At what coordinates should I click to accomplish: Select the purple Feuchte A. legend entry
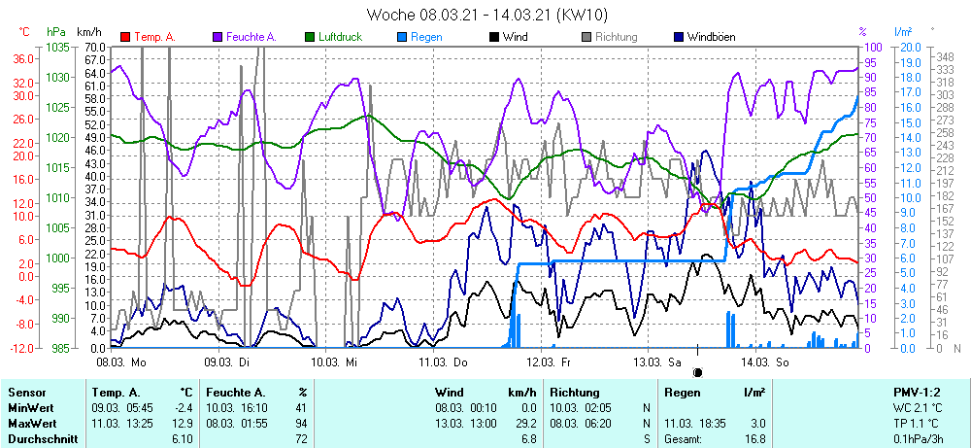(x=251, y=37)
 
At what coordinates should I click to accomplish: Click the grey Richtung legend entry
(x=616, y=37)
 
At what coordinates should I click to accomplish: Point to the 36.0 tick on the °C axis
(x=23, y=58)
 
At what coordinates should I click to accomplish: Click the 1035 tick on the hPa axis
(x=57, y=47)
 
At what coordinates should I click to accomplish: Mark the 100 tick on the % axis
(x=873, y=47)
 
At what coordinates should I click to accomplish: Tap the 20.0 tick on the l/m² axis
(x=910, y=47)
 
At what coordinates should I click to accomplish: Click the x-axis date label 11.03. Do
(x=443, y=362)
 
